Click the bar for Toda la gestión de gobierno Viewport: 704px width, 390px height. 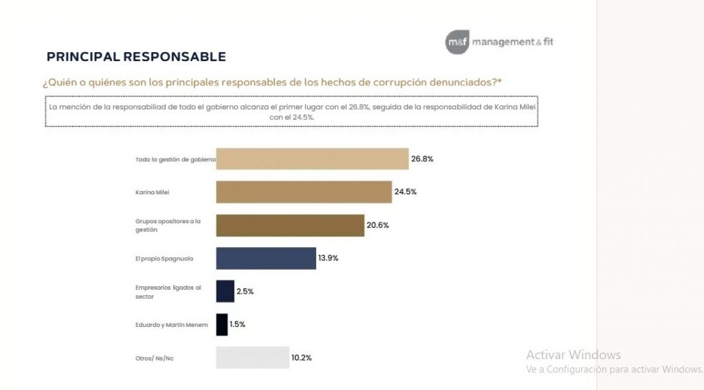pyautogui.click(x=313, y=159)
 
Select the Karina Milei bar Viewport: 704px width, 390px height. pyautogui.click(x=304, y=192)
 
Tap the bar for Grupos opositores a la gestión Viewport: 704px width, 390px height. pyautogui.click(x=290, y=225)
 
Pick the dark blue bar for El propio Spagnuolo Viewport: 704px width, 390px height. pyautogui.click(x=266, y=258)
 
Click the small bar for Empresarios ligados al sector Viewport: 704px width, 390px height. pyautogui.click(x=225, y=291)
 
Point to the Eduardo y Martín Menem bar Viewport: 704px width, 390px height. pyautogui.click(x=222, y=324)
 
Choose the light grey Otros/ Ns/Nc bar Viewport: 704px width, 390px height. pyautogui.click(x=252, y=358)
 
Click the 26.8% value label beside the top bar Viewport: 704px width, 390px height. pyautogui.click(x=422, y=159)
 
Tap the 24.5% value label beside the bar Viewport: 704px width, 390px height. pyautogui.click(x=406, y=192)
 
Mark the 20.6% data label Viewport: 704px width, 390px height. pyautogui.click(x=378, y=225)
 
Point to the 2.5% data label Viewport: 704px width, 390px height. pyautogui.click(x=245, y=291)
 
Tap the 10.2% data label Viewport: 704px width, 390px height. pyautogui.click(x=301, y=358)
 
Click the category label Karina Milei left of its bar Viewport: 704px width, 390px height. pyautogui.click(x=152, y=192)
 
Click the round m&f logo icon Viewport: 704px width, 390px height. pyautogui.click(x=457, y=42)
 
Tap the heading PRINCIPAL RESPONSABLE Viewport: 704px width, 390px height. pyautogui.click(x=135, y=56)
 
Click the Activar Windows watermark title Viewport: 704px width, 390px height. pyautogui.click(x=573, y=355)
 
